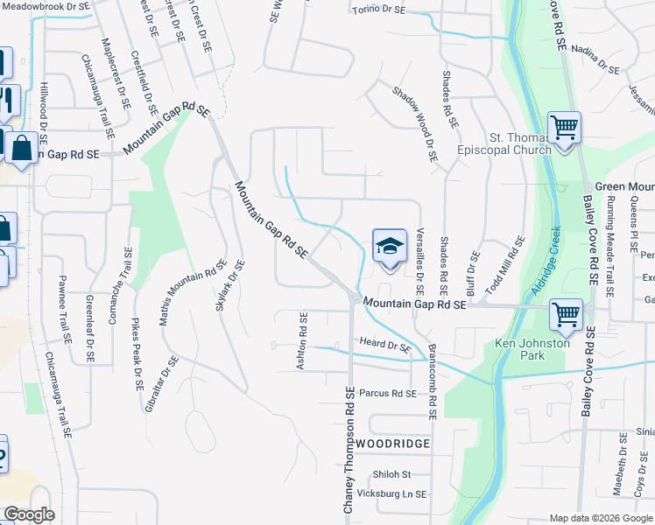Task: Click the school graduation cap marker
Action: [x=390, y=246]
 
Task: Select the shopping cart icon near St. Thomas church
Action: [x=564, y=128]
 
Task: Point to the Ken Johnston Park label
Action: [x=532, y=349]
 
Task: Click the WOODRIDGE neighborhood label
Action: [x=392, y=444]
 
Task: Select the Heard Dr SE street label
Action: [x=386, y=345]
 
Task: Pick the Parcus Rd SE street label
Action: [x=388, y=394]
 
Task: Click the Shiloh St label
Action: [x=392, y=474]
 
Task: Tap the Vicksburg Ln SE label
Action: [x=397, y=493]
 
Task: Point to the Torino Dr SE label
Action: [x=378, y=10]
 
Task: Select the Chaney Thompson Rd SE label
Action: [x=349, y=451]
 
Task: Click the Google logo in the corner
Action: [x=28, y=514]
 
